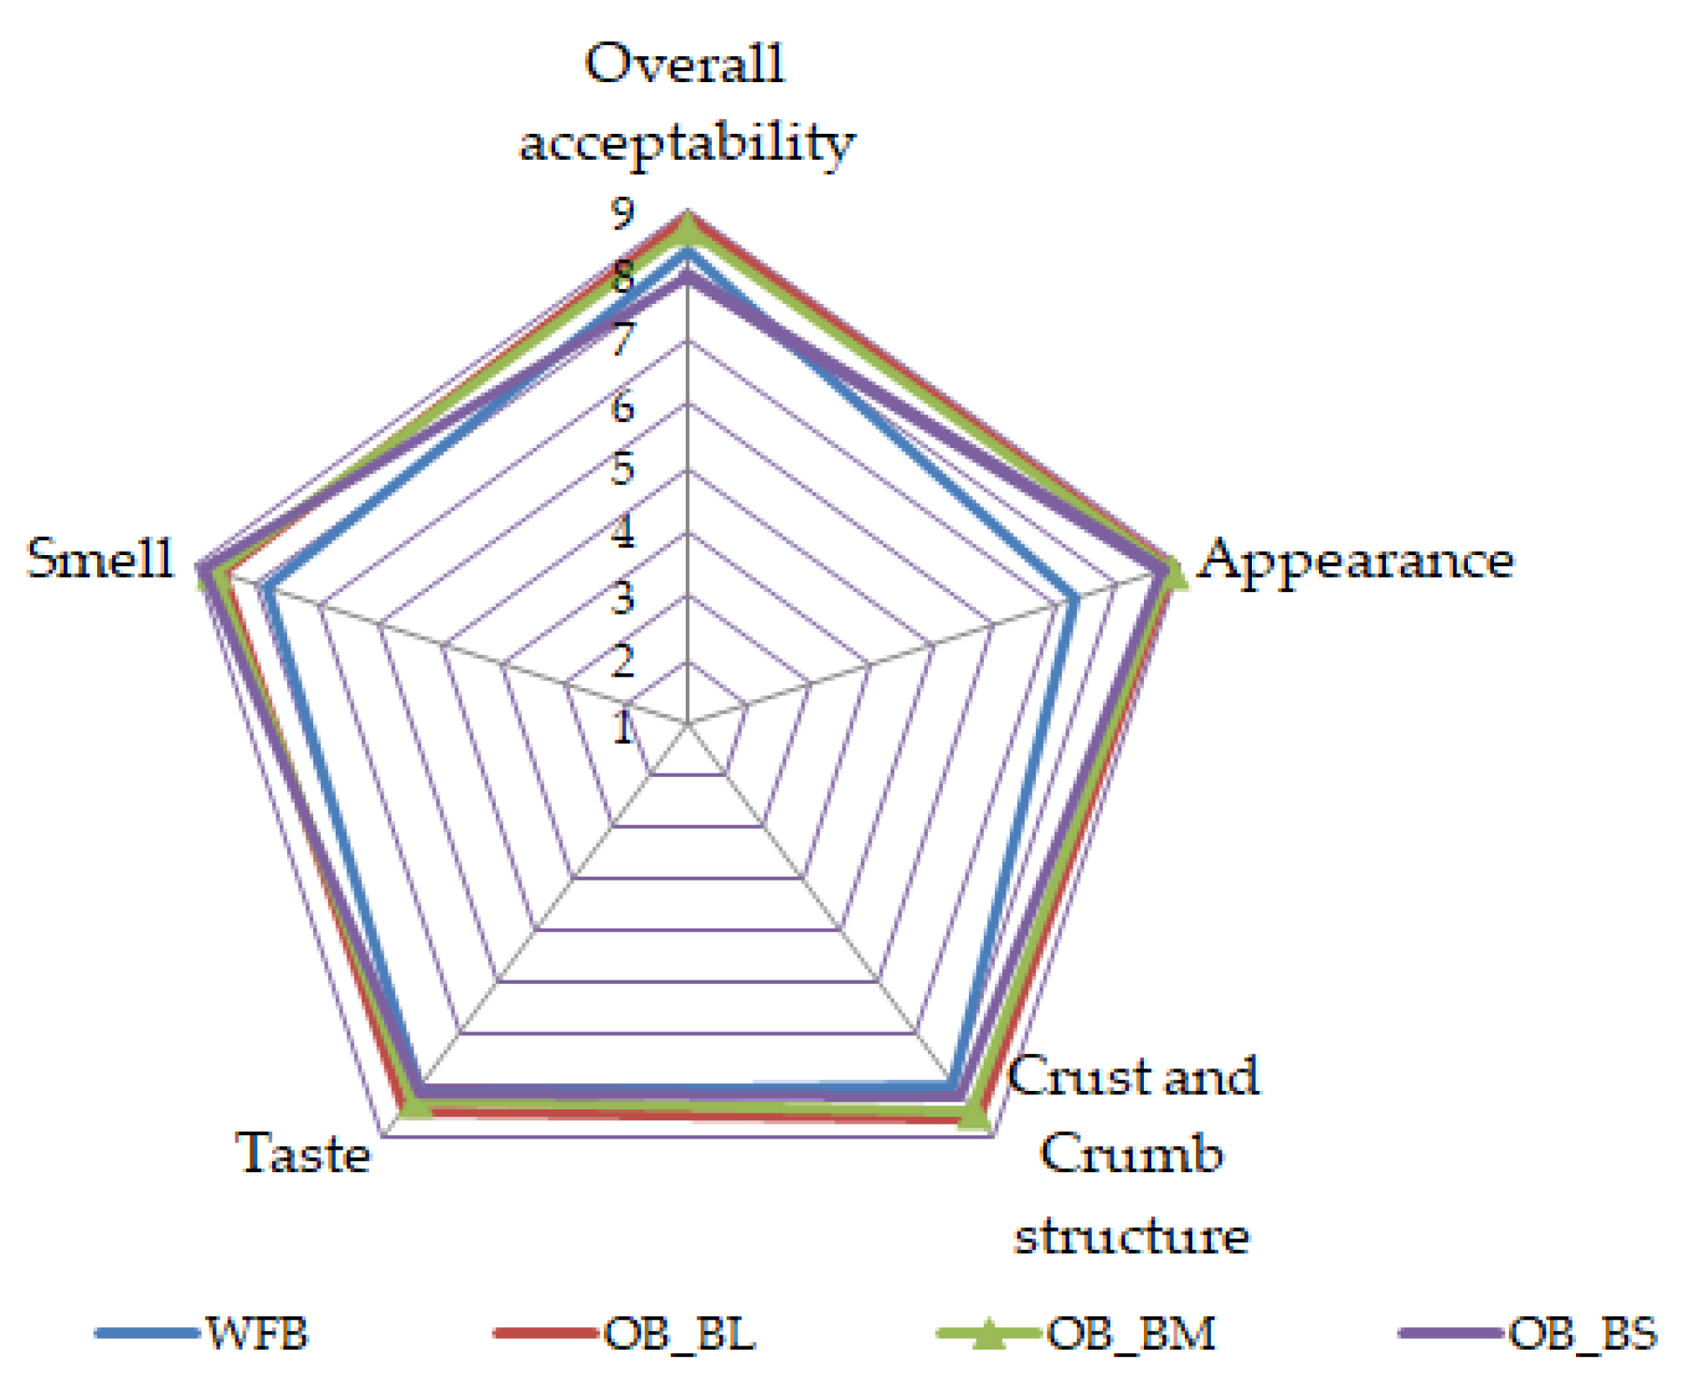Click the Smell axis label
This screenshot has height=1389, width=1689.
pyautogui.click(x=100, y=558)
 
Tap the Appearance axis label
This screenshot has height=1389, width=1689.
pyautogui.click(x=1356, y=560)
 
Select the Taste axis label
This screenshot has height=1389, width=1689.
pyautogui.click(x=303, y=1153)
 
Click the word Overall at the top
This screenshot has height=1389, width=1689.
pyautogui.click(x=684, y=64)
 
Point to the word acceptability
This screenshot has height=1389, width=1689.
pyautogui.click(x=687, y=143)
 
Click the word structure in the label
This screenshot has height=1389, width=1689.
pyautogui.click(x=1131, y=1236)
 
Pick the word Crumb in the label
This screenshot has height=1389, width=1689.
pyautogui.click(x=1131, y=1154)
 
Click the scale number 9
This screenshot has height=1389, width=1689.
pyautogui.click(x=622, y=214)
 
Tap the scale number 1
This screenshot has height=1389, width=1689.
pyautogui.click(x=622, y=728)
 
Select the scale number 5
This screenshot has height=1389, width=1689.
pyautogui.click(x=622, y=470)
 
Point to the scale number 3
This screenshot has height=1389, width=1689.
pyautogui.click(x=622, y=599)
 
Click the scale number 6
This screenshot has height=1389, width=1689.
pyautogui.click(x=622, y=407)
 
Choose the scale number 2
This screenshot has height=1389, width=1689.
pyautogui.click(x=622, y=662)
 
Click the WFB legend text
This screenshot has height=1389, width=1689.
pyautogui.click(x=257, y=1333)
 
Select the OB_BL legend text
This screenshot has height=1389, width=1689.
pyautogui.click(x=679, y=1333)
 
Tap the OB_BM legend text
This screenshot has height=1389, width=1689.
pyautogui.click(x=1130, y=1333)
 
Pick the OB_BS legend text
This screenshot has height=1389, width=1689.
pyautogui.click(x=1582, y=1333)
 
